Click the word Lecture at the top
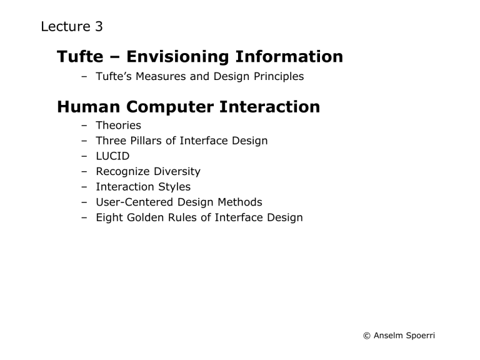point(64,27)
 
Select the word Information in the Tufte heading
point(289,57)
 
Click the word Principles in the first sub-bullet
point(272,77)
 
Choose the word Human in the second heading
point(84,107)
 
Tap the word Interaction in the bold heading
point(269,107)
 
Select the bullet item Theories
point(118,126)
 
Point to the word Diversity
point(176,171)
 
